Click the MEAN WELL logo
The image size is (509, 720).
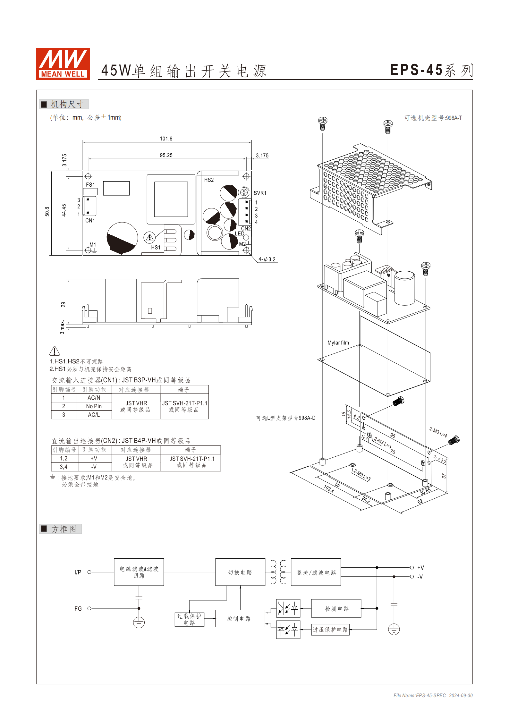63,64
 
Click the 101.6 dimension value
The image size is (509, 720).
166,139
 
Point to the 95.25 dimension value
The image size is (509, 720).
166,155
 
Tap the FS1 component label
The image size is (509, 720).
90,185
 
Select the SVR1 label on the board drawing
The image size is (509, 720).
260,193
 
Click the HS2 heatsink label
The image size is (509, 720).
209,180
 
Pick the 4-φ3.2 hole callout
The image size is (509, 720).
267,259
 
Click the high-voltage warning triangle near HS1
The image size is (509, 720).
150,238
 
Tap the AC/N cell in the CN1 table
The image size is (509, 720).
94,398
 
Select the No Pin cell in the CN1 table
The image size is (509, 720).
94,406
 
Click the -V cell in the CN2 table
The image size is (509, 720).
94,467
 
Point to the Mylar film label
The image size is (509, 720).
338,343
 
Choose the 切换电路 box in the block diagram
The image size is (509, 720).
240,572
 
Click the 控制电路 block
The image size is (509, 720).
239,619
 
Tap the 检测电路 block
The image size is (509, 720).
336,609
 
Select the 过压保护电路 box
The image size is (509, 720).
330,630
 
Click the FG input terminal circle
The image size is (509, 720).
89,608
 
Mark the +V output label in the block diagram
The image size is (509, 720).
420,568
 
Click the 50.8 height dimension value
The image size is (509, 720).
47,212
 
